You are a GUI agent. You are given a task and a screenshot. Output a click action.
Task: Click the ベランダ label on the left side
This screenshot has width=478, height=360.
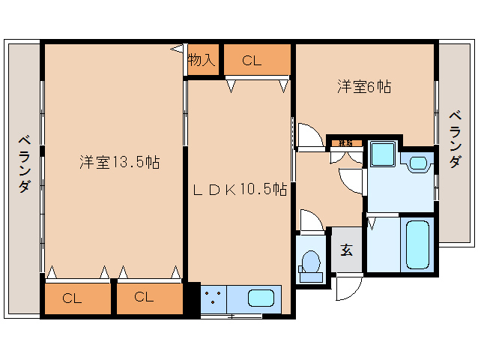point(24,163)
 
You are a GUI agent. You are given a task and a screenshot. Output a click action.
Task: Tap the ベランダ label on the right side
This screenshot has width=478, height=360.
point(455,139)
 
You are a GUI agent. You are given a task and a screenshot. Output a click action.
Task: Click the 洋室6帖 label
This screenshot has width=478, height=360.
point(363,86)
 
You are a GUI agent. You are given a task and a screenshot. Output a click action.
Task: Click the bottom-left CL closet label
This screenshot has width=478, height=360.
point(72,298)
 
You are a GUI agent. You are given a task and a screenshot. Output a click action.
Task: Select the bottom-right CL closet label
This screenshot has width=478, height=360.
point(144,297)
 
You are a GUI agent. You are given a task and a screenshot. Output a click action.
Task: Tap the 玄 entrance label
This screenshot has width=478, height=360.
point(347,250)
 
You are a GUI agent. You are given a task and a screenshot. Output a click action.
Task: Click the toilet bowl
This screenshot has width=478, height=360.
point(309,265)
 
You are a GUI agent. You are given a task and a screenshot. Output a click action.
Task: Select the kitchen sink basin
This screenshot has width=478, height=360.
point(260,298)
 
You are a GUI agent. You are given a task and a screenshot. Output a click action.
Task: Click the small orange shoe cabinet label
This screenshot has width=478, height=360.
point(345,142)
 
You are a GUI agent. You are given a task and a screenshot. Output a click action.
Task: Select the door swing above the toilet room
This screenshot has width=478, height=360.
point(310,221)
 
